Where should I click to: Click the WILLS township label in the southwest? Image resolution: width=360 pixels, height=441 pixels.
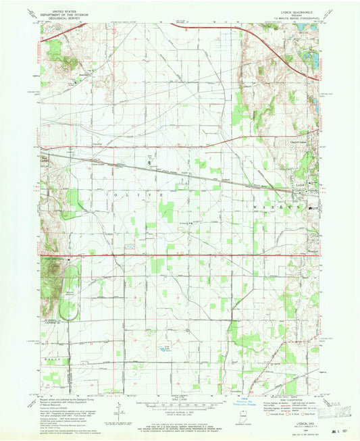[57, 363]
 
